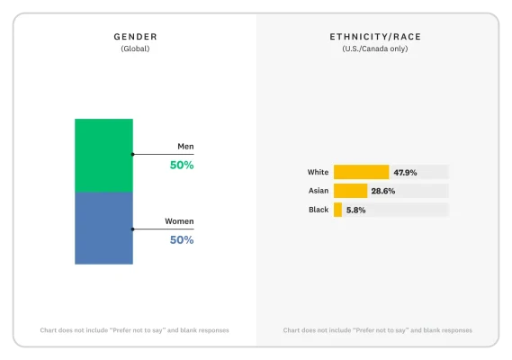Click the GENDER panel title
pos(135,36)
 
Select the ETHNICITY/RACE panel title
pos(374,36)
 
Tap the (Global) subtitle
pos(135,49)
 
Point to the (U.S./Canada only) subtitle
pos(374,49)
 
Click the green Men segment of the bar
pos(103,155)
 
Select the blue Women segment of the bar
pos(103,228)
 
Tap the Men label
pos(185,146)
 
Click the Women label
pos(179,220)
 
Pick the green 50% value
pos(182,166)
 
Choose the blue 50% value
pos(182,240)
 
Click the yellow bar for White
pos(361,172)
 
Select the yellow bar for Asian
pos(350,191)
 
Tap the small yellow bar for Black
pos(337,210)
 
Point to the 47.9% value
pos(405,172)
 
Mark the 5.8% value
pos(355,210)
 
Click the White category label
pos(318,172)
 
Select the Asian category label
pos(318,191)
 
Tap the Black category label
pos(318,210)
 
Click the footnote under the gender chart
pos(134,330)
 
